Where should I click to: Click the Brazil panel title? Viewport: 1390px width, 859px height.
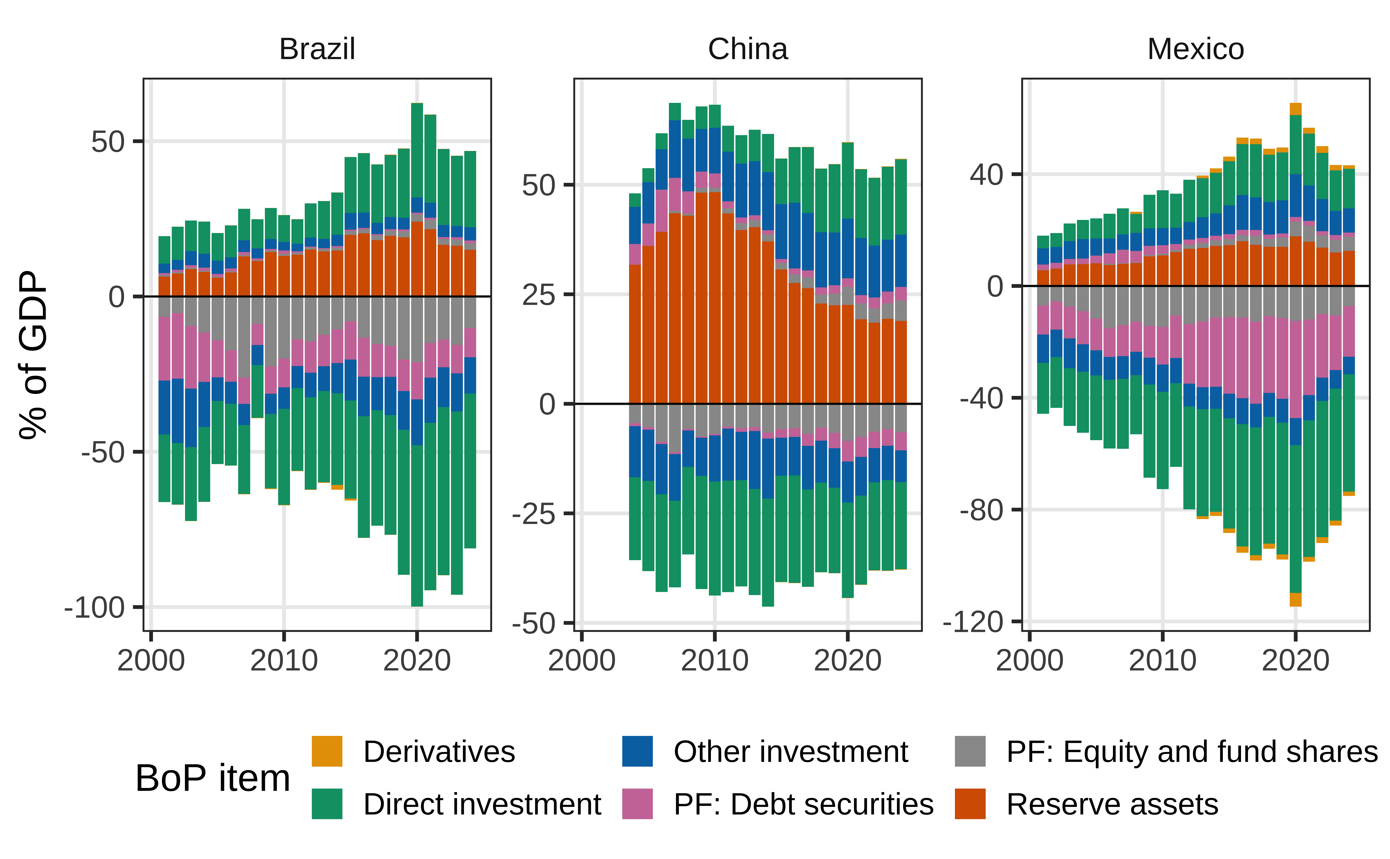317,49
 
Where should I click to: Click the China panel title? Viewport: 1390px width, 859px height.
748,49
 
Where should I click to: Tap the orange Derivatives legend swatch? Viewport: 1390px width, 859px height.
327,751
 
